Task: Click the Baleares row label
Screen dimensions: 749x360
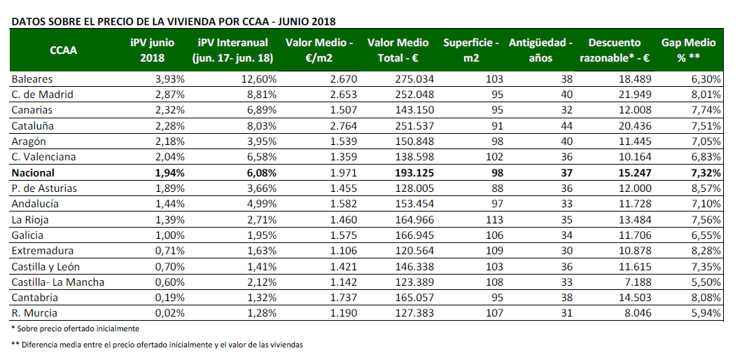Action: tap(32, 79)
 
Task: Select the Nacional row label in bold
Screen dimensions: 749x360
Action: tap(33, 172)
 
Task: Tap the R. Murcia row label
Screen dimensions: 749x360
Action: tap(34, 314)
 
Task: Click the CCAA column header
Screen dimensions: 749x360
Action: tap(64, 50)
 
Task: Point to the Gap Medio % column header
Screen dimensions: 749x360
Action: tap(688, 50)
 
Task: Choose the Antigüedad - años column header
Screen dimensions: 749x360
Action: tap(540, 50)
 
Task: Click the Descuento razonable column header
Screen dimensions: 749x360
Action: tap(615, 50)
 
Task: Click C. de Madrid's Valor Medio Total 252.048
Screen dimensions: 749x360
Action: tap(414, 94)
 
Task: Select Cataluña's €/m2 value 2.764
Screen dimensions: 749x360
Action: tap(343, 126)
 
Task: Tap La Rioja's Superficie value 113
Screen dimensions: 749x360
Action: tap(494, 220)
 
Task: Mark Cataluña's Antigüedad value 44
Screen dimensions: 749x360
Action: tap(566, 126)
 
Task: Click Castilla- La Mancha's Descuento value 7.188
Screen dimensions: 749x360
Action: tap(638, 282)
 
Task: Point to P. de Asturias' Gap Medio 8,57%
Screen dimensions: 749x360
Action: tap(705, 188)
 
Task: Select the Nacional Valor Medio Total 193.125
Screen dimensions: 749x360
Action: tap(414, 172)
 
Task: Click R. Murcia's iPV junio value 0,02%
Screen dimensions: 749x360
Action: tap(169, 314)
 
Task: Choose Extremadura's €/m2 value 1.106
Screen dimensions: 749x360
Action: tap(343, 251)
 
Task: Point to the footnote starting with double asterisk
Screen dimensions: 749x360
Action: tap(157, 345)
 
